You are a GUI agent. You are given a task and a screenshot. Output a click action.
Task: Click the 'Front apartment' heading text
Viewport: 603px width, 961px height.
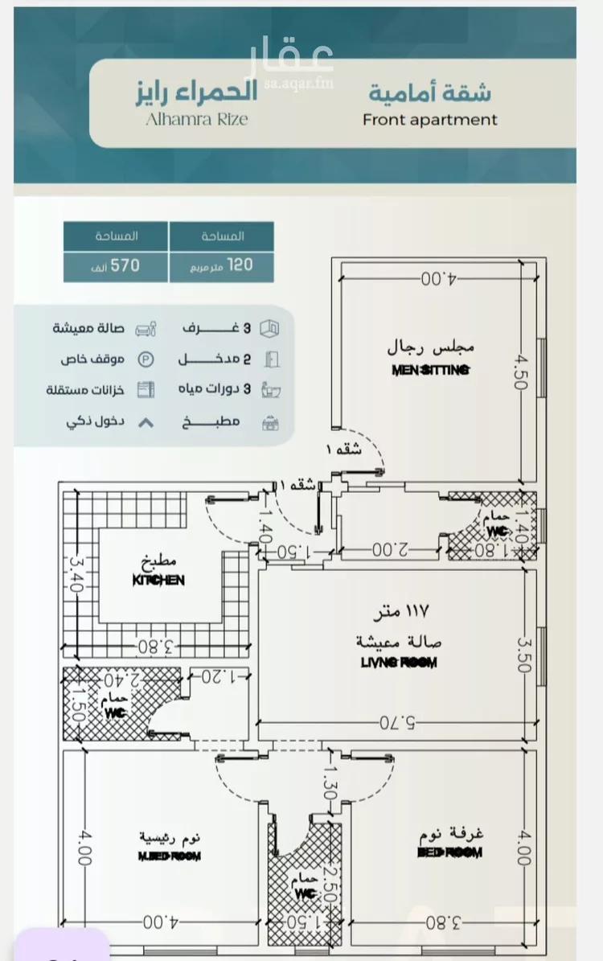pos(429,120)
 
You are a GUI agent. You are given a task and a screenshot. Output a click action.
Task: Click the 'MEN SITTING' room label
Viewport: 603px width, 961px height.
pos(431,371)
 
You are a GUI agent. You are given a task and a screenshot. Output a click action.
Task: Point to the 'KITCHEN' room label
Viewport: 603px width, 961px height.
pos(158,580)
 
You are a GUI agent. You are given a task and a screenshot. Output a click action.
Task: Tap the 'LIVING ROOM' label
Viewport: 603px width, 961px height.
pos(399,663)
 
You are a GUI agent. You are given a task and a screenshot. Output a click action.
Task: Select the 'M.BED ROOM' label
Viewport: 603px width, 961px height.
pos(169,856)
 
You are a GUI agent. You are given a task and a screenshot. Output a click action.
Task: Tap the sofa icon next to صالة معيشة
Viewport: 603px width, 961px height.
pos(145,329)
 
